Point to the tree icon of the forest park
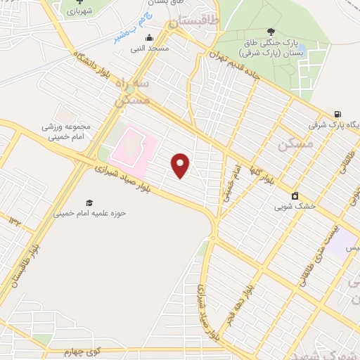(x=271, y=32)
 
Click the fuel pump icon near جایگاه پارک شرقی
(x=339, y=115)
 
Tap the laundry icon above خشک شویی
(x=295, y=195)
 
